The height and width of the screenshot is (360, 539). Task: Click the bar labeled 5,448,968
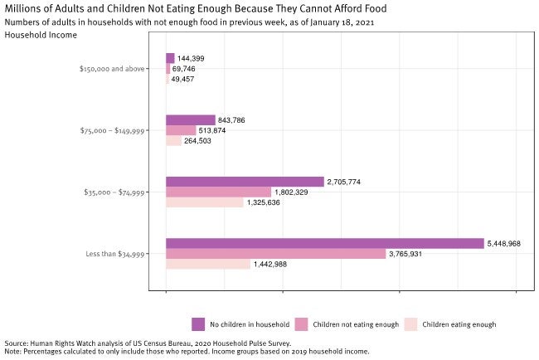(x=324, y=244)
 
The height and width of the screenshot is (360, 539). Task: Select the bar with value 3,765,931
(x=275, y=254)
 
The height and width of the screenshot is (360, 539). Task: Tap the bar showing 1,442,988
(x=207, y=264)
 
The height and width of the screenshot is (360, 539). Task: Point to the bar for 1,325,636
(x=204, y=202)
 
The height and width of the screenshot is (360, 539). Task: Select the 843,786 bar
(x=190, y=120)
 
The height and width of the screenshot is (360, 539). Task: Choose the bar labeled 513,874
(x=181, y=130)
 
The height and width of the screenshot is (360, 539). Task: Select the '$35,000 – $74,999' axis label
(x=114, y=192)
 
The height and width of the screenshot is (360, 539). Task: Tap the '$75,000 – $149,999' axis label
(x=114, y=130)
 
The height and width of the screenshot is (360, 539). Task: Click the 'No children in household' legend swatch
(x=198, y=324)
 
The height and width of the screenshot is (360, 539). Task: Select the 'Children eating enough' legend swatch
(x=409, y=324)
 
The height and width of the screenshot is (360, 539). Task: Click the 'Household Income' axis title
(x=41, y=35)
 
